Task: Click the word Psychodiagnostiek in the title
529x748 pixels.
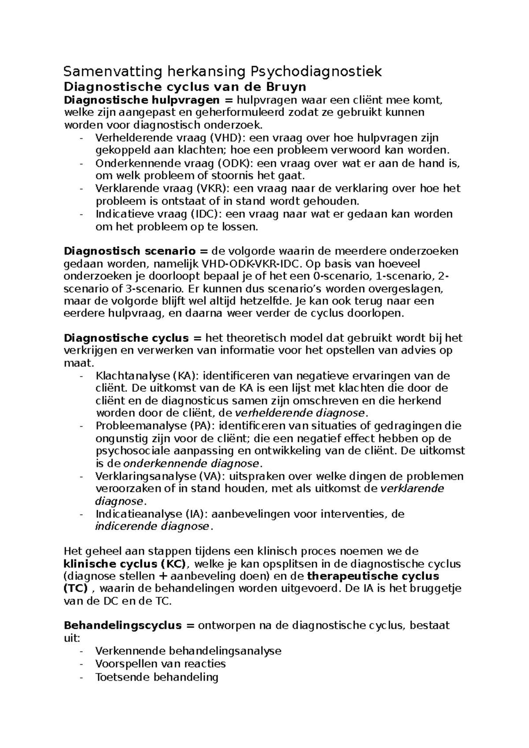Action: click(x=316, y=71)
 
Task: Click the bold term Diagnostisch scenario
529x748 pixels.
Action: click(x=130, y=252)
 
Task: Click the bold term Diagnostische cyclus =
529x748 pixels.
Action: click(x=133, y=338)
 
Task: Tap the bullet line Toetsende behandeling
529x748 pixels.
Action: click(x=156, y=677)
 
